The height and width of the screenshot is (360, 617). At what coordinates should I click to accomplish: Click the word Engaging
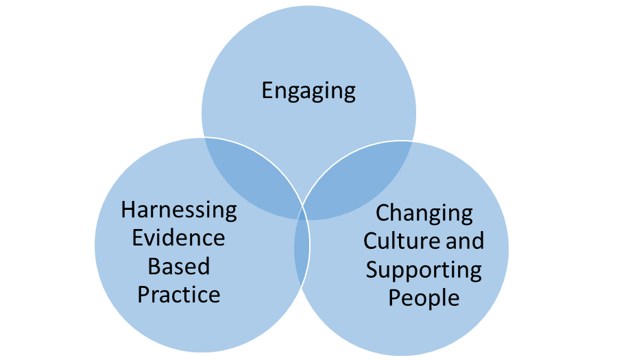coord(308,91)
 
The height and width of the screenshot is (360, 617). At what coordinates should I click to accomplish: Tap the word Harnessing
coord(179,210)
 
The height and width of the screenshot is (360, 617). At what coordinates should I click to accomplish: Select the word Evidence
coord(178,238)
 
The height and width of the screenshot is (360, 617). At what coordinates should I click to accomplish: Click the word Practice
coord(179,294)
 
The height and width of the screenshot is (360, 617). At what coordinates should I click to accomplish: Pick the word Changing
coord(424,213)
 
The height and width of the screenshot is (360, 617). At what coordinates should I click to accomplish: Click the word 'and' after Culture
coord(465,241)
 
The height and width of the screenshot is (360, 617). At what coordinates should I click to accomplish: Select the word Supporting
coord(424,269)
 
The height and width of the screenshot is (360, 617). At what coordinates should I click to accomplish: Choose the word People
coord(424,298)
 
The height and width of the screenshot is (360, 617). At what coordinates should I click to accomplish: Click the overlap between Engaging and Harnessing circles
coord(250,175)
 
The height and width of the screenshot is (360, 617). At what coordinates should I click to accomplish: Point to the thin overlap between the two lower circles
coord(302,247)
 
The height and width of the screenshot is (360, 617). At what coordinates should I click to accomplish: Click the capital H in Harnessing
coord(128,209)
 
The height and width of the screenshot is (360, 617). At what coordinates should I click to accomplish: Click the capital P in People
coord(395,298)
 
